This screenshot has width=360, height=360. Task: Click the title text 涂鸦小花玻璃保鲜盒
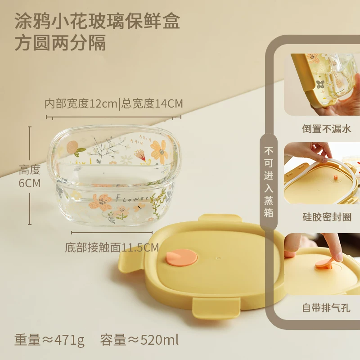click(97, 21)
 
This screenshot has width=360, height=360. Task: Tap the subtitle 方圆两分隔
click(60, 42)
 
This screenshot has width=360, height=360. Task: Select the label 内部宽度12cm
click(81, 104)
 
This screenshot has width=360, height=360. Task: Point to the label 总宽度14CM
click(152, 104)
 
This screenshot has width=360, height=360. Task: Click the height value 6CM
click(30, 183)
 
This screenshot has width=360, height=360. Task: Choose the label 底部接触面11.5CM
click(112, 247)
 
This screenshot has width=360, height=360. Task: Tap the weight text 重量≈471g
click(49, 340)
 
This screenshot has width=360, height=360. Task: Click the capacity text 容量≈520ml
click(139, 340)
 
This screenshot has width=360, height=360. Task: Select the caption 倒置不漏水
click(327, 129)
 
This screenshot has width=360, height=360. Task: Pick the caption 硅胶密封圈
click(327, 217)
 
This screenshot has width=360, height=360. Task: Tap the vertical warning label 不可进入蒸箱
click(268, 182)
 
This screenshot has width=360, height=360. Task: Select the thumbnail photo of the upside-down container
click(322, 85)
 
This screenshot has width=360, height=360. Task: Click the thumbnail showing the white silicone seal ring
click(322, 173)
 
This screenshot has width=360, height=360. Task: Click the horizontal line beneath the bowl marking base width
click(112, 233)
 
